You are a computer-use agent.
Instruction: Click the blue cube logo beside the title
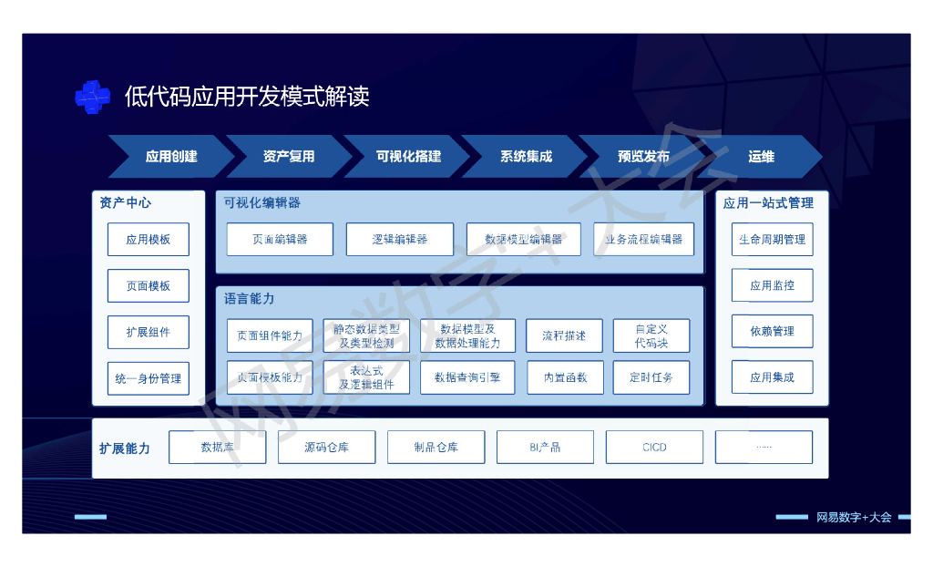92,98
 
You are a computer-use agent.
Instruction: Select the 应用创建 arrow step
170,157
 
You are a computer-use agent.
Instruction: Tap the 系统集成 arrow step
525,157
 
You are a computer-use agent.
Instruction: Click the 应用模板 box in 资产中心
149,240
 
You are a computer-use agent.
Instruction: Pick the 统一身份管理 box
149,378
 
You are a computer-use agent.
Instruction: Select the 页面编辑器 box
280,240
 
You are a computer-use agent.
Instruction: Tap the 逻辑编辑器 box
399,240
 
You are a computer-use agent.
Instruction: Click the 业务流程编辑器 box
643,240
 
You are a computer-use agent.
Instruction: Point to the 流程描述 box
564,335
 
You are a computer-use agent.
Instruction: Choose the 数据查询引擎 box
467,377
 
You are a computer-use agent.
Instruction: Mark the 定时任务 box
651,377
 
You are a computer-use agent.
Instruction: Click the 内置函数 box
565,377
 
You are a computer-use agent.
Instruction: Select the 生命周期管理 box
772,240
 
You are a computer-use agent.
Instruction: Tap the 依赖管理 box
772,332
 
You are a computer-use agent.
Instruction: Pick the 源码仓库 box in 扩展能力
326,448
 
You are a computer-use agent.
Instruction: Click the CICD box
654,448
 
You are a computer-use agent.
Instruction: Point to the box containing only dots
764,448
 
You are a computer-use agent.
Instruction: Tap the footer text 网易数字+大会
854,517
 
